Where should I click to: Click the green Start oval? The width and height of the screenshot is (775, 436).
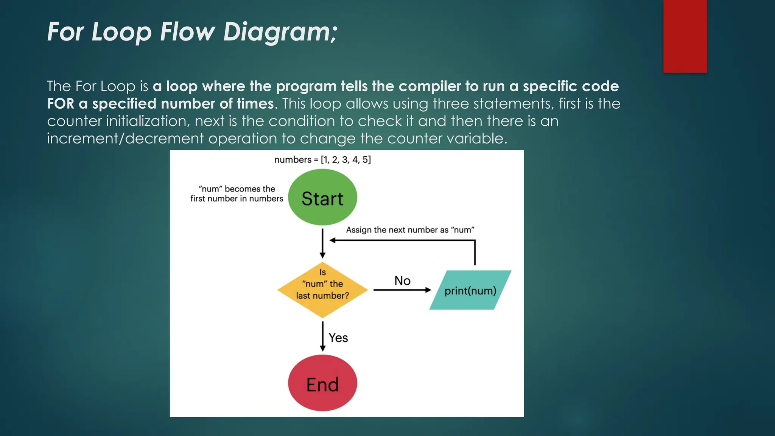click(322, 198)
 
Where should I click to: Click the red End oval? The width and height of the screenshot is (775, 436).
click(322, 383)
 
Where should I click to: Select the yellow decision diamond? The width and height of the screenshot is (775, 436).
click(322, 290)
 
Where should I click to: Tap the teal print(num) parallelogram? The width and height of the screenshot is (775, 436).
click(470, 290)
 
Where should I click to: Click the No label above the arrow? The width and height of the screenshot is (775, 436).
click(402, 281)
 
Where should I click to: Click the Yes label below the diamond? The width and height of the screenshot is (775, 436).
click(338, 338)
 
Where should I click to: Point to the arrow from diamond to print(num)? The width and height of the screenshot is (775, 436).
click(402, 290)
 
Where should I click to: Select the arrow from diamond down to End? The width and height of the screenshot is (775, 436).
click(322, 336)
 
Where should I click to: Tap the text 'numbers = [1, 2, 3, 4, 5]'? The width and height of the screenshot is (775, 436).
click(322, 160)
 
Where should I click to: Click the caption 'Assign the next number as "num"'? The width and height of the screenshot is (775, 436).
click(410, 230)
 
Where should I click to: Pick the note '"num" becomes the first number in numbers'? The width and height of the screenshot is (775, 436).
click(237, 194)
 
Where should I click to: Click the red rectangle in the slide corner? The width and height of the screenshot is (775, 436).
click(685, 36)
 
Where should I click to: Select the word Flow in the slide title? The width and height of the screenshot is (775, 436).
click(187, 32)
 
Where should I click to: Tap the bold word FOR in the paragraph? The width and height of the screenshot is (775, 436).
click(61, 104)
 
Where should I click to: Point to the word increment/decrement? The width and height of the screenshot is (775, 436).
click(125, 139)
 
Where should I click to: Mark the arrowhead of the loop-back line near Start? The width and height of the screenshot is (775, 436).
click(332, 240)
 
